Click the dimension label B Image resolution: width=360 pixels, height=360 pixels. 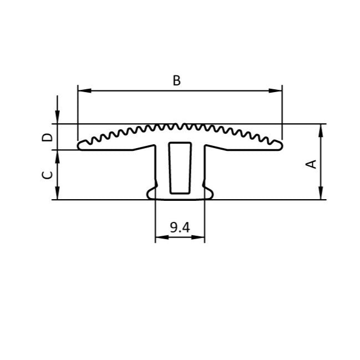click(176, 80)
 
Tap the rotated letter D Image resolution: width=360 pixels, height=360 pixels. click(48, 136)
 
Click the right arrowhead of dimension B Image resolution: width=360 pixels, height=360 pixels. click(278, 91)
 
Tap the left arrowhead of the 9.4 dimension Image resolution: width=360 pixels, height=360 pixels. click(158, 238)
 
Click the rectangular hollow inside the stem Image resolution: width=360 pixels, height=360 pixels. click(179, 166)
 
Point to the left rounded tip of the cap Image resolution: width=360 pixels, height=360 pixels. click(80, 145)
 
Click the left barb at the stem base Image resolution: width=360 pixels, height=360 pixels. click(150, 192)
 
